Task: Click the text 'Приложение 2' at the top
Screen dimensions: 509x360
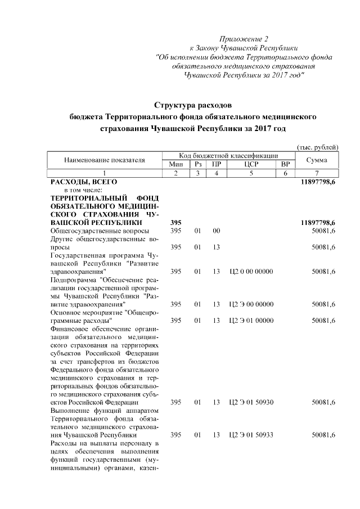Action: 244,39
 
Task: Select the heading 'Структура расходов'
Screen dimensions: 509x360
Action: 193,105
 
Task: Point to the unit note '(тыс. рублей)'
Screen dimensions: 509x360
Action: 317,147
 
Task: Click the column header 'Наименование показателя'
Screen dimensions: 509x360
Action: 105,160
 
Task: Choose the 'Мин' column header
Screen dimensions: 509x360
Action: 176,164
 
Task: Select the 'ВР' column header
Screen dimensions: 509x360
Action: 285,164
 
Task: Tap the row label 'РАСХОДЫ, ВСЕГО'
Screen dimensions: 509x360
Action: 84,182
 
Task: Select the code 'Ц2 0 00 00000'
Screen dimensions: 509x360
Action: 251,272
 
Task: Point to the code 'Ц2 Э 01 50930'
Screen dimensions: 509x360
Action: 251,403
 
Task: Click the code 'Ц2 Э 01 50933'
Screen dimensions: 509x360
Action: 251,435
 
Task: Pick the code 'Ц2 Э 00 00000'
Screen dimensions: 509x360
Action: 251,304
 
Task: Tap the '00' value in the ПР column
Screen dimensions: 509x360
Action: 216,231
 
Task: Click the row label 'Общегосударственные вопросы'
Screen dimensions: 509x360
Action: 100,231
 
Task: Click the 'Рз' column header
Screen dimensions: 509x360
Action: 197,164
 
